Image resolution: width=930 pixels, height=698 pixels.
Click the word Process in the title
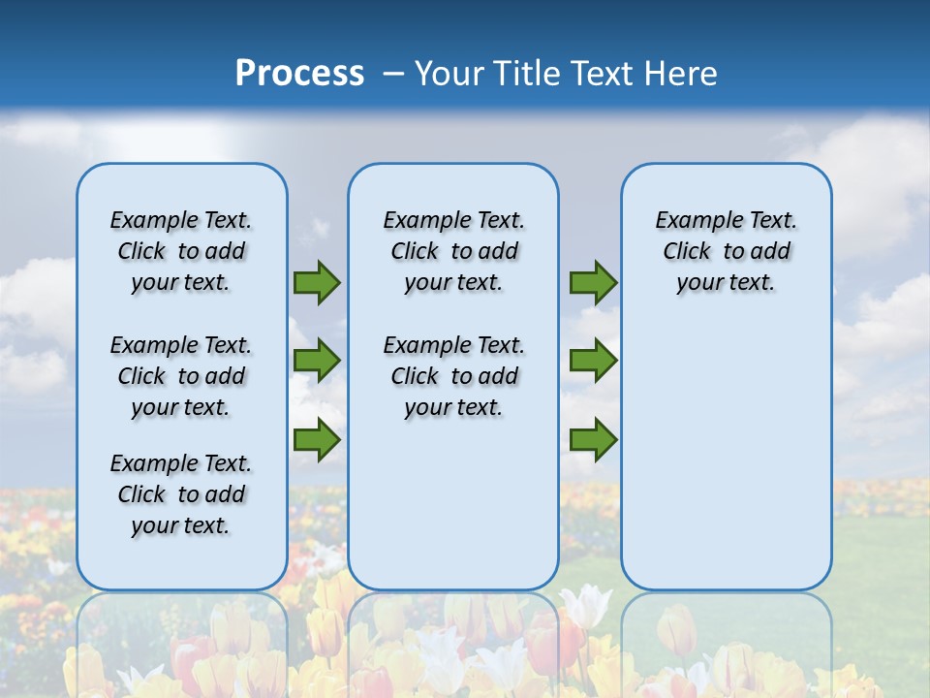[x=299, y=74]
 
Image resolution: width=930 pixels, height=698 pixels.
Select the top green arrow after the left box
[x=317, y=282]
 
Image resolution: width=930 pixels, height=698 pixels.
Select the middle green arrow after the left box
[x=317, y=361]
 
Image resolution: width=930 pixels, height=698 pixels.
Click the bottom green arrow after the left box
[x=317, y=439]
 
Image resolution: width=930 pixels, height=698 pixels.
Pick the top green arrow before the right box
[x=593, y=282]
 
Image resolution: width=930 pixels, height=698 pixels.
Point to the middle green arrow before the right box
[x=593, y=361]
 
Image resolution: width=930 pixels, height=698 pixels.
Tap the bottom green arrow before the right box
[x=593, y=439]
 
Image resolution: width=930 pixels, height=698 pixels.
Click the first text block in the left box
[x=181, y=251]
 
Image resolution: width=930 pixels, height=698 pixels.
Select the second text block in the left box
[x=181, y=376]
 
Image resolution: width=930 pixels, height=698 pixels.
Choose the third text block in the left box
[x=181, y=494]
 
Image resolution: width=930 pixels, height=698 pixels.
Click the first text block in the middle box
[x=453, y=251]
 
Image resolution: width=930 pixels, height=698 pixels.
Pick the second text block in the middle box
[x=453, y=376]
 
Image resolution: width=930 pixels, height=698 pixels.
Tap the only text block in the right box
[x=727, y=251]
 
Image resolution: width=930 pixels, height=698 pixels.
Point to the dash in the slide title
[x=393, y=74]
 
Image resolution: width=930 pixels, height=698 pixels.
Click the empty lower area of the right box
[x=727, y=456]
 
